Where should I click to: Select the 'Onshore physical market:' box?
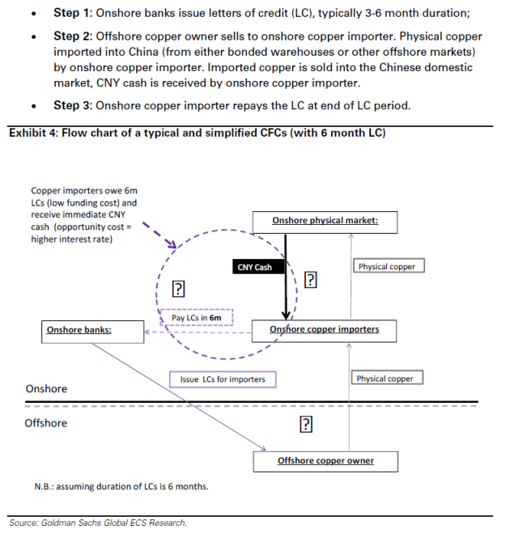tap(325, 221)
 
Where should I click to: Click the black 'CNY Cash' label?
tap(255, 267)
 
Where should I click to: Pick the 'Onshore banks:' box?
tap(79, 330)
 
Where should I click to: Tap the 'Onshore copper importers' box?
tap(324, 330)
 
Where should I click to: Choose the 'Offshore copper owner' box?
tap(325, 461)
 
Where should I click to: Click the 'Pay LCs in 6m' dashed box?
tap(196, 318)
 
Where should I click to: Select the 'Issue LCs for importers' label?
tap(222, 379)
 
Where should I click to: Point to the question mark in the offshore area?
tap(306, 425)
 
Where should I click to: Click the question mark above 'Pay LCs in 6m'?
tap(179, 290)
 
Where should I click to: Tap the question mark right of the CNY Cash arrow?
tap(309, 280)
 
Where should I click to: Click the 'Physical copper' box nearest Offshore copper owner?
tap(385, 379)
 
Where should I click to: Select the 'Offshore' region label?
tap(46, 423)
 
